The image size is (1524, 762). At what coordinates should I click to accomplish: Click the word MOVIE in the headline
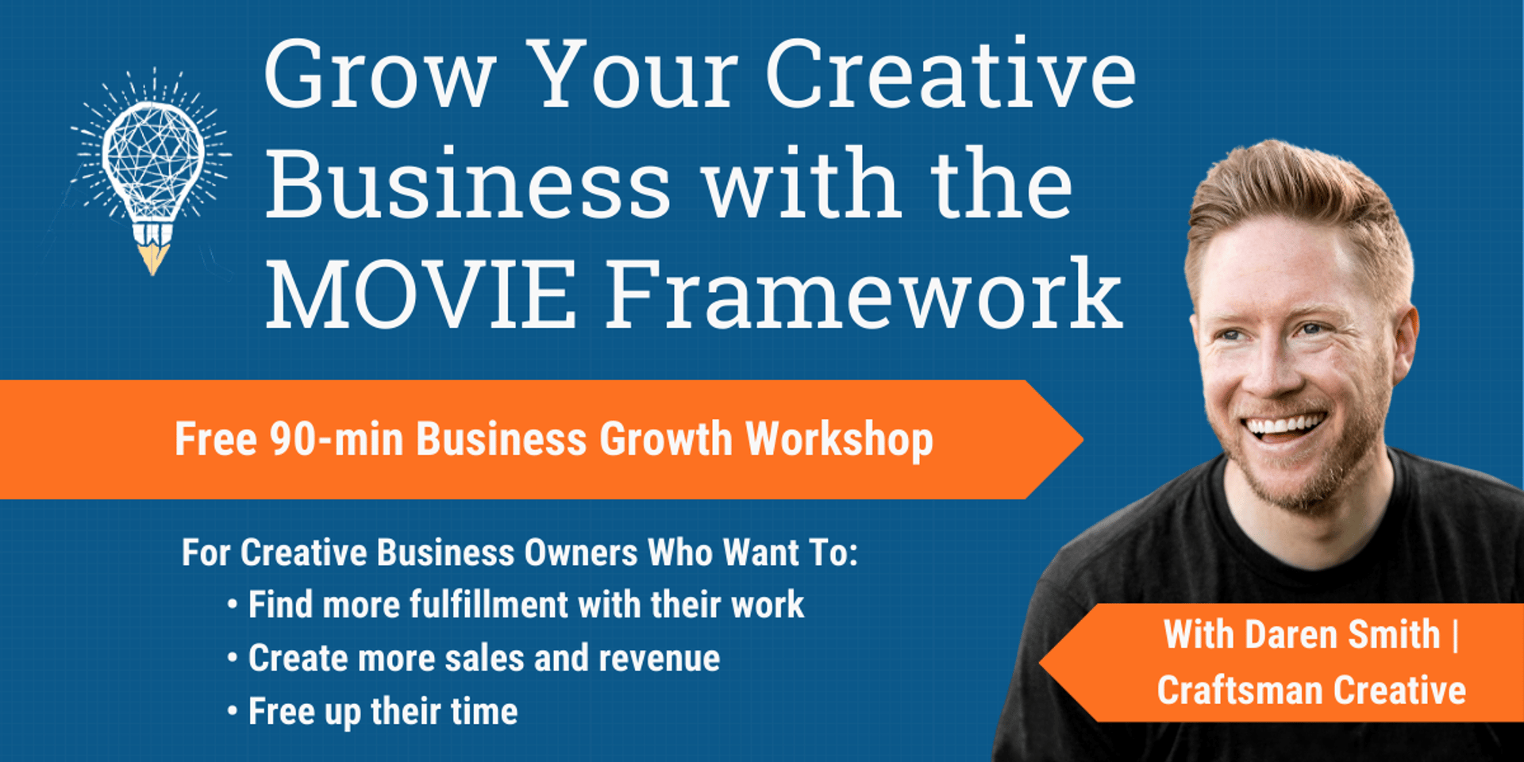421,293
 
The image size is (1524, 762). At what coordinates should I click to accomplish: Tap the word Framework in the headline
864,293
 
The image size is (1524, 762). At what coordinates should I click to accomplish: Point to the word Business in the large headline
468,184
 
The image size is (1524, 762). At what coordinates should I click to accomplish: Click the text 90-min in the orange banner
336,439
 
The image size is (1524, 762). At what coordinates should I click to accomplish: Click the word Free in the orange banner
216,439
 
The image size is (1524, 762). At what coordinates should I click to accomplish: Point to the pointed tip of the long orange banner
1083,439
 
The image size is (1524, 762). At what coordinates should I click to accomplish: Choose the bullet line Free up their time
372,711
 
